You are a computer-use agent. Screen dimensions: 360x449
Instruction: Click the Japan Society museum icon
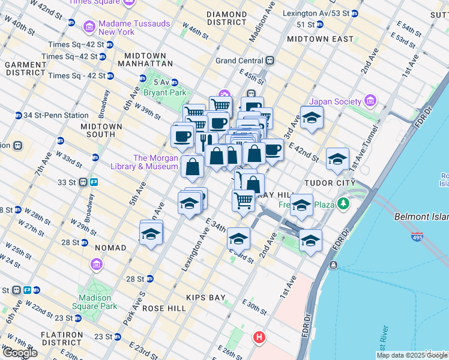click(x=369, y=100)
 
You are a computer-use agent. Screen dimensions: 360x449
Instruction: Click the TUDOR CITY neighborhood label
click(x=331, y=182)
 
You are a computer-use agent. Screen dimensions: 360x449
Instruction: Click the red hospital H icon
click(x=259, y=337)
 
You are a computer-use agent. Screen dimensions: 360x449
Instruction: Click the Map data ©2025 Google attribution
click(x=411, y=355)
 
